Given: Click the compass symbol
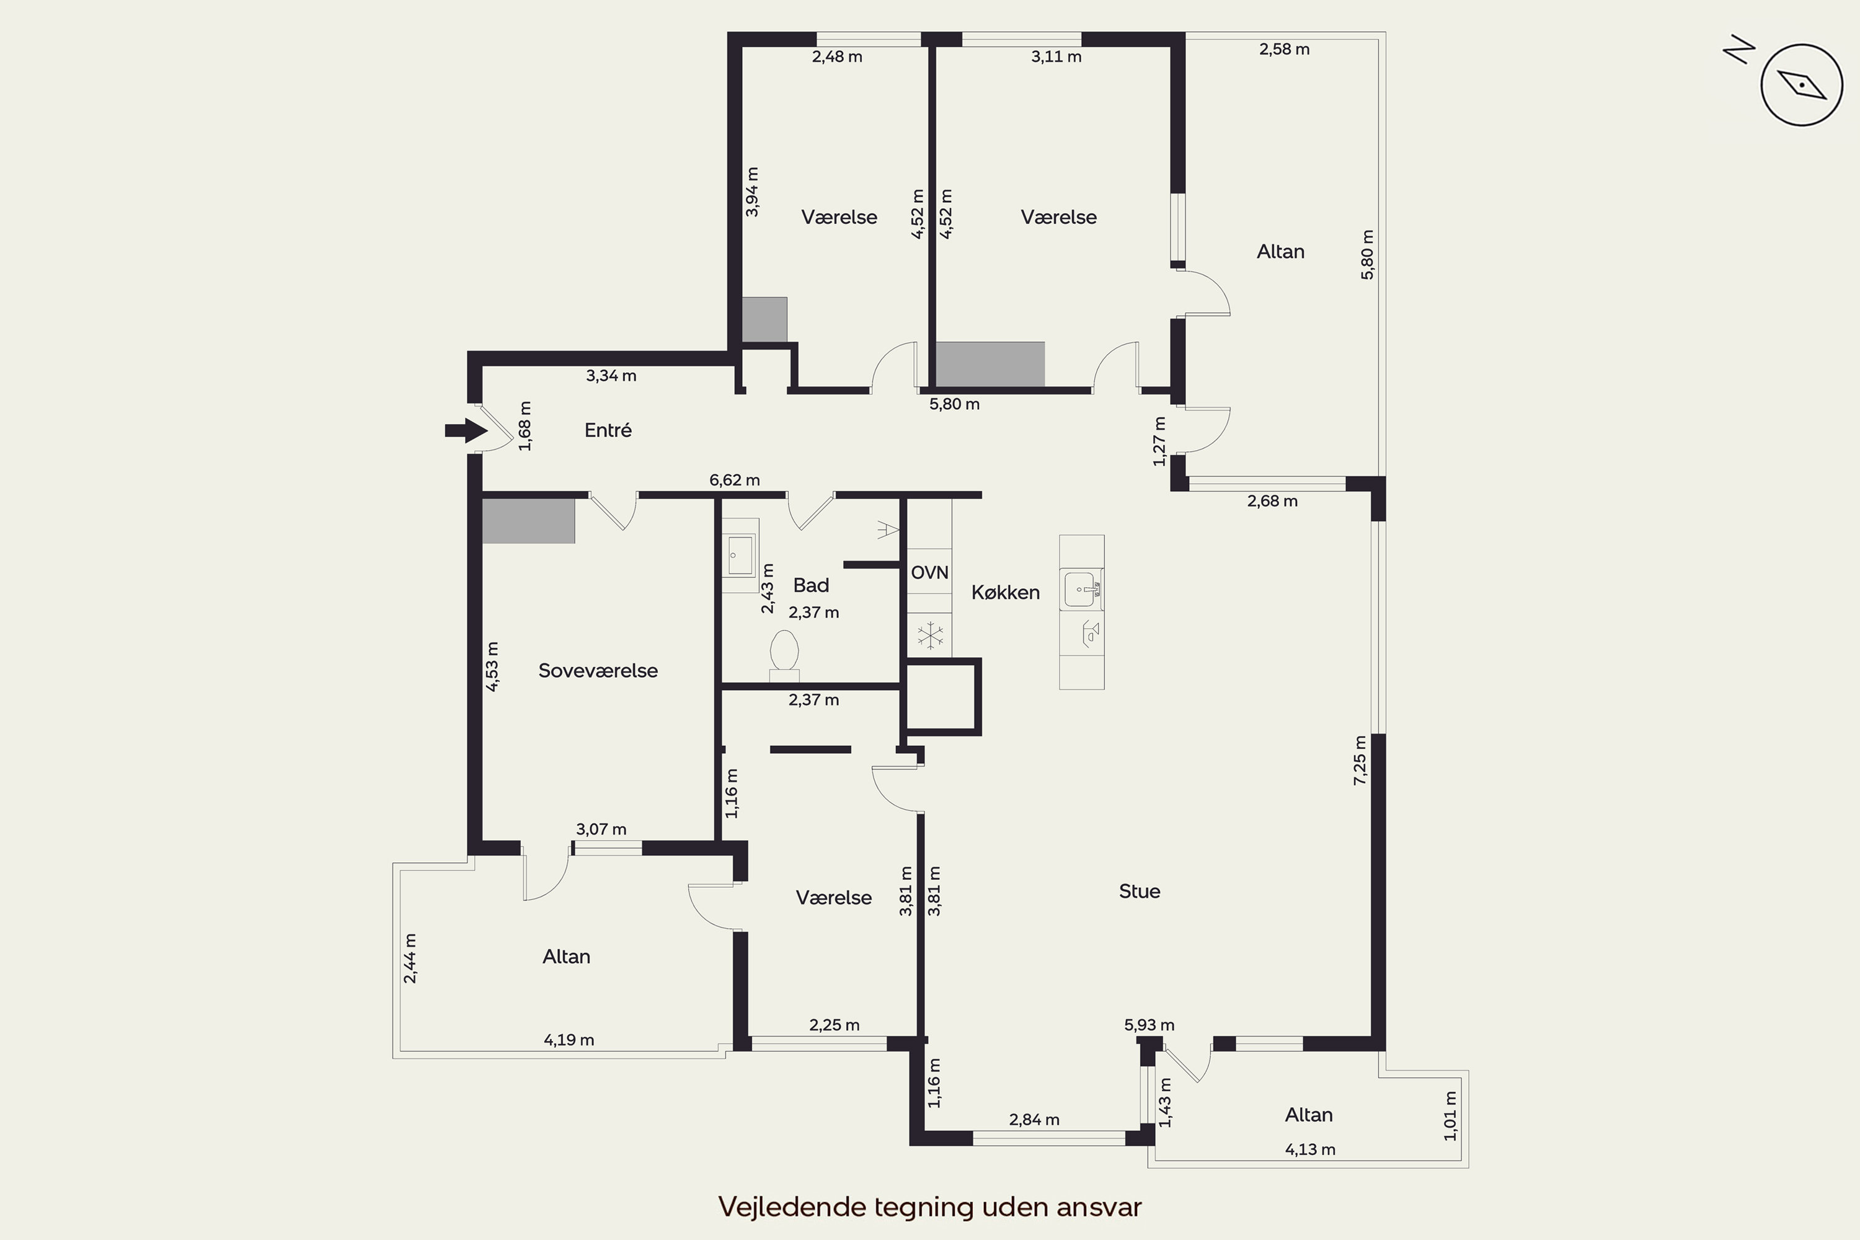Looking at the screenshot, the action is pos(1802,84).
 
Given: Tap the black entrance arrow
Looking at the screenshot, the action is pos(466,430).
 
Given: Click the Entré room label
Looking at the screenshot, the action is pos(608,430).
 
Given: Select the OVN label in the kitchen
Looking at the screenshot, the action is pos(929,572).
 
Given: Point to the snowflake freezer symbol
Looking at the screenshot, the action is pos(930,634).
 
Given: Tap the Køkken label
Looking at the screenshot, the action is pos(1005,592).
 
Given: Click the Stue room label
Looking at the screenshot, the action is pos(1140,892).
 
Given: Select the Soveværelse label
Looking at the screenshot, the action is pos(598,671).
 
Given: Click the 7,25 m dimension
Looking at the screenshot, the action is pos(1360,760).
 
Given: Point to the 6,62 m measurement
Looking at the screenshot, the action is pos(735,480).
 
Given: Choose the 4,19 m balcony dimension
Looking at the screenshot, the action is pos(569,1040).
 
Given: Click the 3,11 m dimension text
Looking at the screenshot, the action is pos(1056,57).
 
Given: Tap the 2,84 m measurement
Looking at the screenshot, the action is pos(1034,1120).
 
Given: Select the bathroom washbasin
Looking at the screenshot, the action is pos(740,554).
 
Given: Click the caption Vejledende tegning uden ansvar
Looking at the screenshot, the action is pos(930,1208).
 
